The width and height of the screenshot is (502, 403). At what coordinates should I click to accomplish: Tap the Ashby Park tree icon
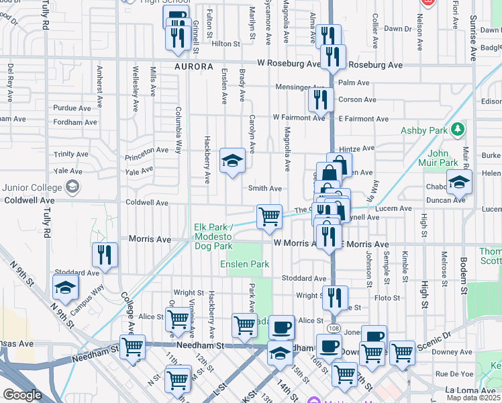[458, 128]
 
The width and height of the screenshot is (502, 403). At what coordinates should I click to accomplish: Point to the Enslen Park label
[244, 264]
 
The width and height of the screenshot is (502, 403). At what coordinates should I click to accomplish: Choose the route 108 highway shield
[334, 329]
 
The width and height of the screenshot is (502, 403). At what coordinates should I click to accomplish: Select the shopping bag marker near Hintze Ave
[340, 165]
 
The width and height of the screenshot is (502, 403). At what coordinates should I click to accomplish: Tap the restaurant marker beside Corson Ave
[321, 99]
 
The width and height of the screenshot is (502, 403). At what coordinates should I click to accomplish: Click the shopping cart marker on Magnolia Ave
[269, 216]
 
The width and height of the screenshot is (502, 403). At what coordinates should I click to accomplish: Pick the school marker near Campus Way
[66, 287]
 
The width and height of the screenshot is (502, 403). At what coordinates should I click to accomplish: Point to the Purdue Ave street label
[72, 107]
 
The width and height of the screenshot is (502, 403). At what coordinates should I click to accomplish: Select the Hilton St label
[225, 44]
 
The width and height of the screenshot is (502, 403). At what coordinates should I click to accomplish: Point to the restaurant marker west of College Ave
[105, 255]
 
